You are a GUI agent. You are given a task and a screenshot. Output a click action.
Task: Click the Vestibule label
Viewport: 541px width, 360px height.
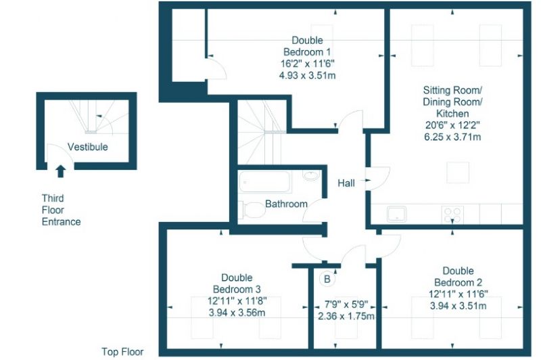(88, 147)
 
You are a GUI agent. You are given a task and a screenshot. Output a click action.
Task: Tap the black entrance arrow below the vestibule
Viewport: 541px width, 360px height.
(61, 171)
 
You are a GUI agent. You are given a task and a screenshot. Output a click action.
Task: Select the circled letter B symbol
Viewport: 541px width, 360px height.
(327, 279)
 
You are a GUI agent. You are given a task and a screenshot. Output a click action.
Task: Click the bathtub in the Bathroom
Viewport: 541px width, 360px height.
(264, 181)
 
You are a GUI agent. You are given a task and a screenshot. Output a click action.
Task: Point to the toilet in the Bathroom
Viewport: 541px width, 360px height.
(252, 210)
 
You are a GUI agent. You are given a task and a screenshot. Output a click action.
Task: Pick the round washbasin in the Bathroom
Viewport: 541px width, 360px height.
(312, 175)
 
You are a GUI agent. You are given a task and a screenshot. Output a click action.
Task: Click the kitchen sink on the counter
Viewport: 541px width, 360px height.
(397, 214)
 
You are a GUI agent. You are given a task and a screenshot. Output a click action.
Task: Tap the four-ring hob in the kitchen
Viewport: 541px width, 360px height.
(452, 215)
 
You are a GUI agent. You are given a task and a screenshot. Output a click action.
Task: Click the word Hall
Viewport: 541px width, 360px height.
(346, 183)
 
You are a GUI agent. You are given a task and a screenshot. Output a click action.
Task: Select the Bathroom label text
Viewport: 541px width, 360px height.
(286, 204)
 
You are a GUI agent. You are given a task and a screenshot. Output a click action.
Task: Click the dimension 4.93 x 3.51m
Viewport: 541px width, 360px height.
(307, 75)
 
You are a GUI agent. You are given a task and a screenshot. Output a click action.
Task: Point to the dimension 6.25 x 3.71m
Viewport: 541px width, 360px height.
(452, 137)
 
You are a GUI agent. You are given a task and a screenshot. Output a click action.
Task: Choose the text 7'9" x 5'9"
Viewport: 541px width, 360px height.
(346, 305)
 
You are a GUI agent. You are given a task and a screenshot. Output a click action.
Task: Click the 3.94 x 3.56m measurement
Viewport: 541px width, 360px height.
(237, 313)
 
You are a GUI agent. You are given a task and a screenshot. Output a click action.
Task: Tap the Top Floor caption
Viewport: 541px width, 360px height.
(122, 352)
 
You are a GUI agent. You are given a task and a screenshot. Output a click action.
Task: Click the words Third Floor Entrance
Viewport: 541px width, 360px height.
(61, 210)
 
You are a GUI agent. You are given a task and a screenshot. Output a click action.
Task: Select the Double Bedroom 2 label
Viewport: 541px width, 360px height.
(458, 277)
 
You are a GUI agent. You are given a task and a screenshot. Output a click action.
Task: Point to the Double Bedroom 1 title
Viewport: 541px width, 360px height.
(307, 46)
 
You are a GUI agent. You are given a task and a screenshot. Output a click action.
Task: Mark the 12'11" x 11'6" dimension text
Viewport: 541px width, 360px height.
(458, 294)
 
